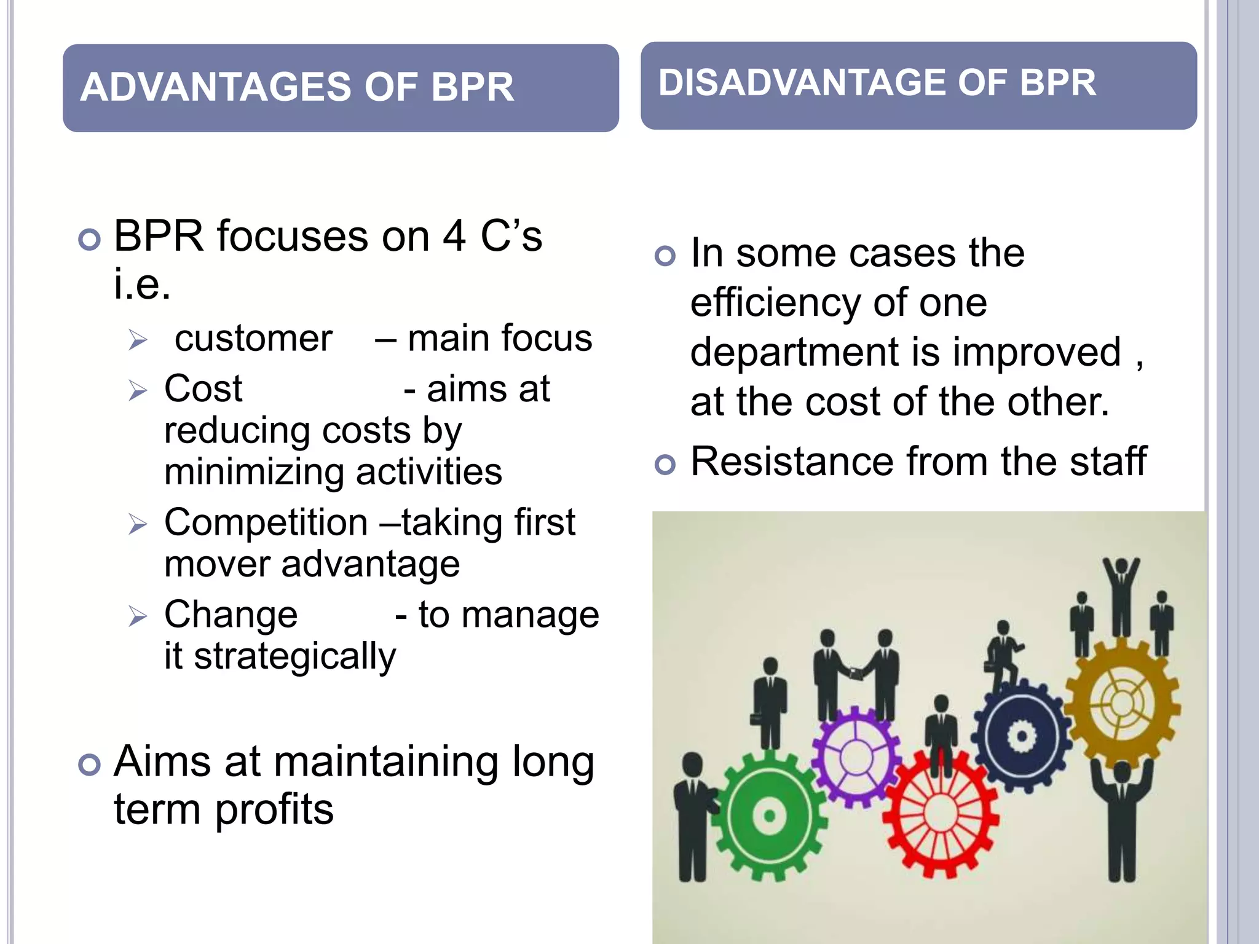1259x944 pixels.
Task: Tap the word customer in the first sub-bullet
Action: pyautogui.click(x=253, y=339)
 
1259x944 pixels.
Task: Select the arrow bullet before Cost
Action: pyautogui.click(x=138, y=390)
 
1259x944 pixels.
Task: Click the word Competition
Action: pyautogui.click(x=266, y=523)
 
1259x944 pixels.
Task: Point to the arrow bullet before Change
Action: pyautogui.click(x=138, y=616)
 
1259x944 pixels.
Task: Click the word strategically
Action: pyautogui.click(x=295, y=656)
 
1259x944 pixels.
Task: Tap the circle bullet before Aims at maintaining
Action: pyautogui.click(x=90, y=765)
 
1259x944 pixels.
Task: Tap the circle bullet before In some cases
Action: pyautogui.click(x=665, y=255)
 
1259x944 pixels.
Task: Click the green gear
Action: pyautogui.click(x=768, y=816)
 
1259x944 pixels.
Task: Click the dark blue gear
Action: pyautogui.click(x=1022, y=735)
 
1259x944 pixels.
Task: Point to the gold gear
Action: pyautogui.click(x=1123, y=702)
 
